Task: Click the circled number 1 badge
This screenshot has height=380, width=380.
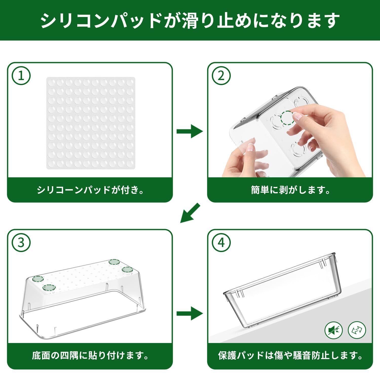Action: pos(21,76)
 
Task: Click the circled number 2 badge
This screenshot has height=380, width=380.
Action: pos(221,76)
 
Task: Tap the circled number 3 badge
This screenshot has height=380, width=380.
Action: pos(21,243)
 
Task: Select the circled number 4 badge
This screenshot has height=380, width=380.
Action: pos(221,243)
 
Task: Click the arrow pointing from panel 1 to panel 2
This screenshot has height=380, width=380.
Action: pos(190,131)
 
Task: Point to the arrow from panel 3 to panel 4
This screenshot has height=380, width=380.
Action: pos(190,314)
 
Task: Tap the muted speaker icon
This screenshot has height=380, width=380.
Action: pos(333,330)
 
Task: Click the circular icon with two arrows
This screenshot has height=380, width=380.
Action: pos(357,330)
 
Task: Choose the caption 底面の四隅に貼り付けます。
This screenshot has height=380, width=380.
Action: pos(90,356)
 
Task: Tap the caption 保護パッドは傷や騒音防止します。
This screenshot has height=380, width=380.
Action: pos(290,356)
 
